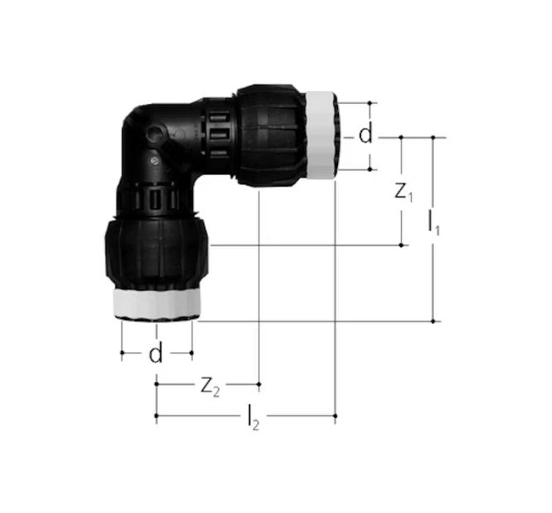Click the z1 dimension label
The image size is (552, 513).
(403, 192)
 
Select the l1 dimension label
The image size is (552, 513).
(433, 222)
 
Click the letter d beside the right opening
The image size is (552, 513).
(365, 135)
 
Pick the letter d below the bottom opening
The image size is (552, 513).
(155, 354)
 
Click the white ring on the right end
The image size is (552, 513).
(322, 135)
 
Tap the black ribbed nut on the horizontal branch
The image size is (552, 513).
(273, 135)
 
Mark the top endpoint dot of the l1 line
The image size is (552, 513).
(433, 137)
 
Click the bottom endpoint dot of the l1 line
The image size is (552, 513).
(433, 321)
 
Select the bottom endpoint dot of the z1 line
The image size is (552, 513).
(402, 245)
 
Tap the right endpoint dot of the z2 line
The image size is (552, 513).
(259, 384)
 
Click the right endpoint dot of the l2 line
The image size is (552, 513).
(335, 417)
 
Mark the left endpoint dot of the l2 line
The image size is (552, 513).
(156, 417)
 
